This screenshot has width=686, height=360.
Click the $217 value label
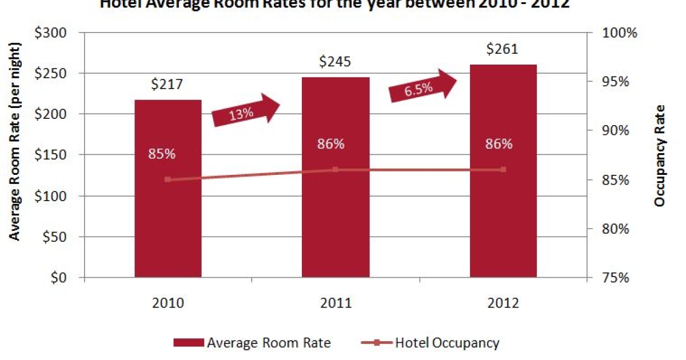coord(167,84)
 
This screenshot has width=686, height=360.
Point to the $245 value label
coord(336,62)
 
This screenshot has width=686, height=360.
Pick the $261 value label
coord(503,49)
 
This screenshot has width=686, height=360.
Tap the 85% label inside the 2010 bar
coord(163,154)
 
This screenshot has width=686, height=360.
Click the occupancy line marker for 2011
coord(336,170)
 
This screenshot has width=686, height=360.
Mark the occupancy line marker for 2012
coord(503,170)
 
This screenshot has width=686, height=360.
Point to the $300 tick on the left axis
coord(55,33)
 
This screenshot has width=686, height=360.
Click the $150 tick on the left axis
coord(55,155)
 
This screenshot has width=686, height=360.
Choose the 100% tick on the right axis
coord(619,33)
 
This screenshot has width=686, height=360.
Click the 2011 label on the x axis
coord(336,303)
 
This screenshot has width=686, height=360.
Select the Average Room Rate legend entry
coord(252,343)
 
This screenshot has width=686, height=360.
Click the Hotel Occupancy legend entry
coord(431,343)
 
